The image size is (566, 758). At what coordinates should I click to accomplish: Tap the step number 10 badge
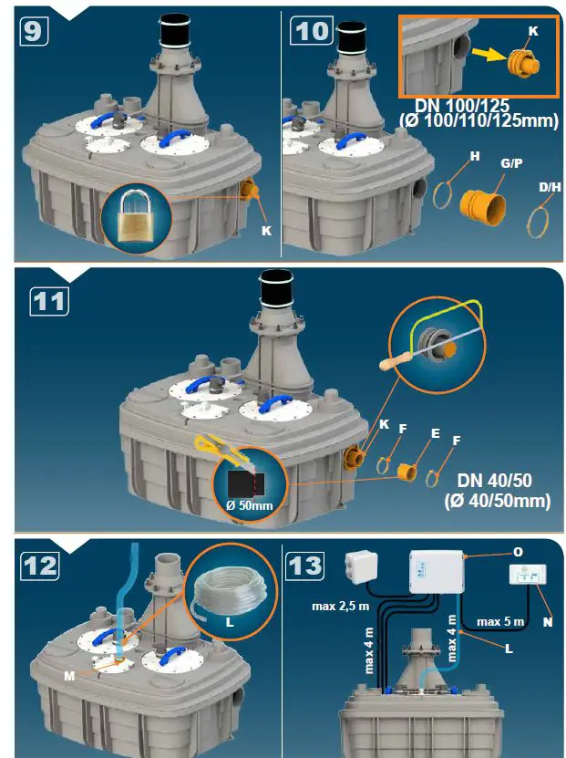pyautogui.click(x=311, y=30)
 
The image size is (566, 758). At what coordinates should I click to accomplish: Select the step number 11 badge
pyautogui.click(x=50, y=300)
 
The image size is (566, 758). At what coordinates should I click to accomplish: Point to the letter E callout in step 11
pyautogui.click(x=435, y=434)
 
